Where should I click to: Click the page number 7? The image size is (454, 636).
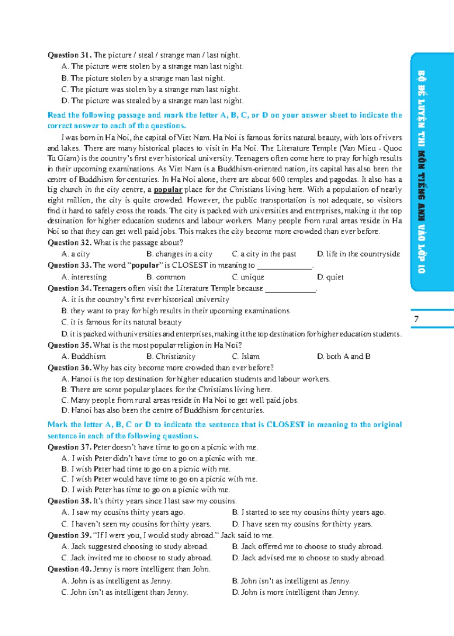[416, 319]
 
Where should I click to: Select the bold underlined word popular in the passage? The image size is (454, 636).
[168, 190]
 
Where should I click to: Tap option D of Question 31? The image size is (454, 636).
[153, 101]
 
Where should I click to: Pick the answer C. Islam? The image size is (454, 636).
[246, 357]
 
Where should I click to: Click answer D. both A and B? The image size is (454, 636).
[343, 357]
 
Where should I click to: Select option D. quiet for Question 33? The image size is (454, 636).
[330, 277]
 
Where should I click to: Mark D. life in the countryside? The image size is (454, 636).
[358, 254]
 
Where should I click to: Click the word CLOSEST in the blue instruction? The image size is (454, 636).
[285, 425]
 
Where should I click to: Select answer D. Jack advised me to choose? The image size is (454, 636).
[308, 558]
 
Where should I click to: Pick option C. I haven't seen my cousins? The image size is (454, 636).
[136, 524]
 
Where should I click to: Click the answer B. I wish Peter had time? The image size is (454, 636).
[146, 469]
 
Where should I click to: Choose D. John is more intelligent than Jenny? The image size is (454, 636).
[296, 593]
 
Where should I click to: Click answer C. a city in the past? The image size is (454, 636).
[264, 254]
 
